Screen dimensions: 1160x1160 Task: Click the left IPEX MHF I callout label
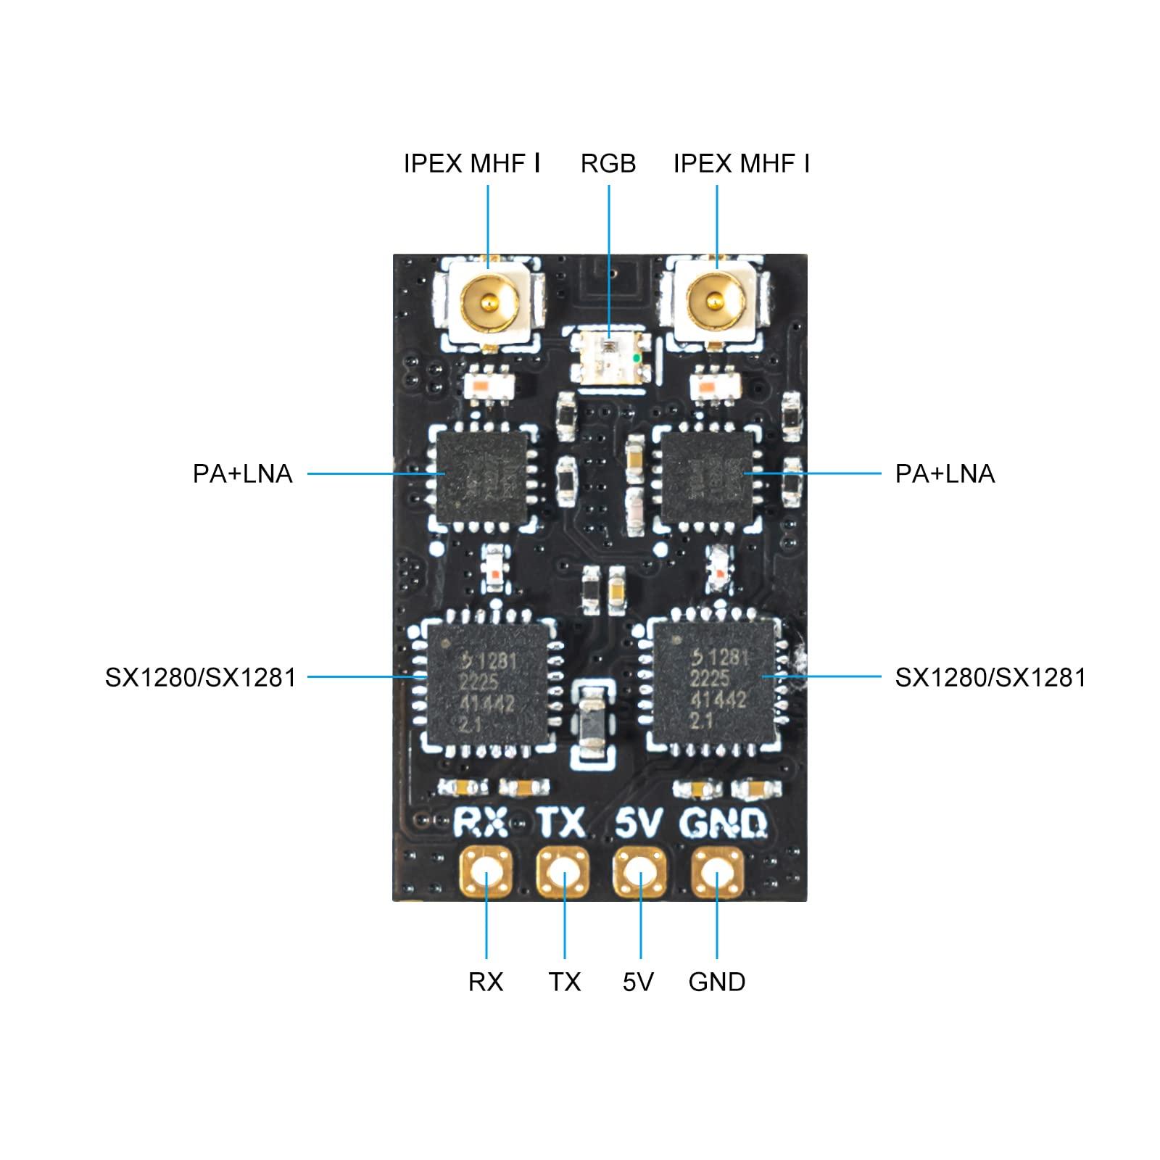click(x=471, y=164)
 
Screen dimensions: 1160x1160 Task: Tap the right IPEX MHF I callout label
click(x=741, y=164)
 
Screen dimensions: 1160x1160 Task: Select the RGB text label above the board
click(x=608, y=164)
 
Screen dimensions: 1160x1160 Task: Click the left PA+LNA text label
click(x=242, y=473)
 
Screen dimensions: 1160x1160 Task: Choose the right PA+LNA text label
click(x=945, y=473)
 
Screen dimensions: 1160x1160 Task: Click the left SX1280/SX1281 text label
click(x=200, y=677)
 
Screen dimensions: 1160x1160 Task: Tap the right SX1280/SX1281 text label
click(x=990, y=677)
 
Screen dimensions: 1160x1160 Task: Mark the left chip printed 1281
click(x=488, y=684)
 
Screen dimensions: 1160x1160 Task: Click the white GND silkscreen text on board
click(x=723, y=823)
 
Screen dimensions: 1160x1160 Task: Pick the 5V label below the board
click(x=638, y=982)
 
